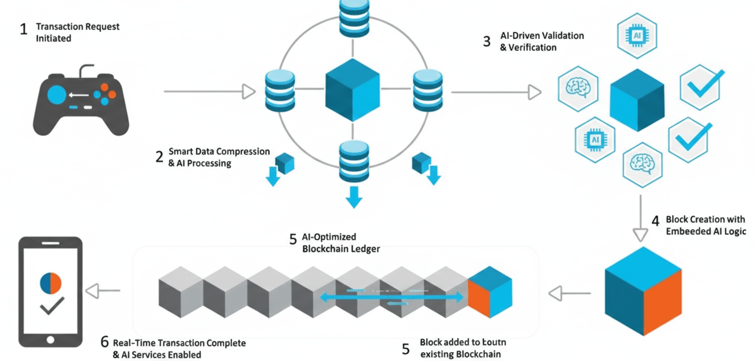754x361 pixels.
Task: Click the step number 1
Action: pyautogui.click(x=23, y=29)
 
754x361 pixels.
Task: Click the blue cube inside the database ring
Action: pyautogui.click(x=352, y=89)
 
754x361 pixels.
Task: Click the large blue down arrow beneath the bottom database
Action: pyautogui.click(x=352, y=197)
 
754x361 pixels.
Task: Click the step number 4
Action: pyautogui.click(x=655, y=221)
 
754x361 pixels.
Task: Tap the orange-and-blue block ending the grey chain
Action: pyautogui.click(x=490, y=292)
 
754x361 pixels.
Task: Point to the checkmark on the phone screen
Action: pyautogui.click(x=52, y=306)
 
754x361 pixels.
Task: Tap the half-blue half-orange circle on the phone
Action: pyautogui.click(x=50, y=284)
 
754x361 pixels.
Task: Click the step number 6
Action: pyautogui.click(x=105, y=343)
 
